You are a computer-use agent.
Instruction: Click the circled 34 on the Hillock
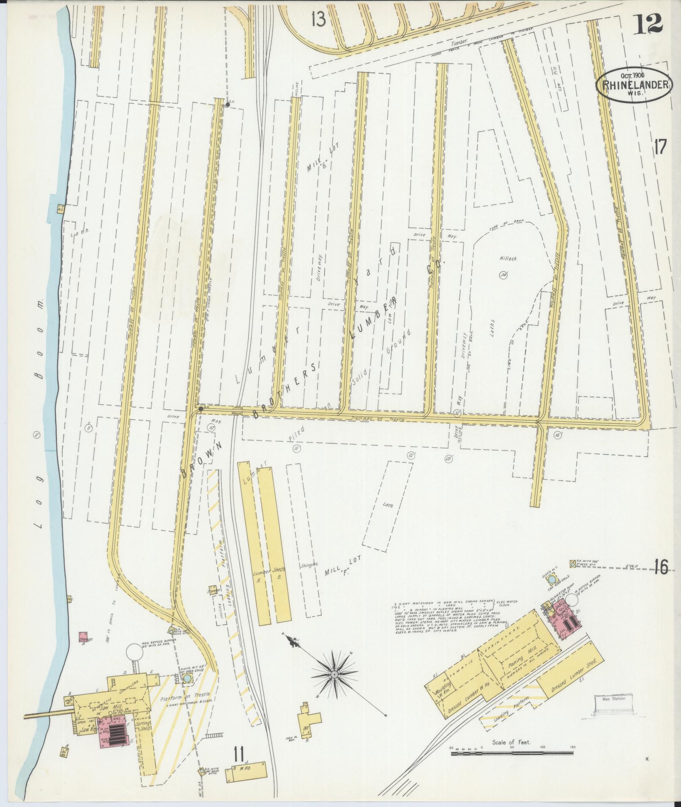click(503, 275)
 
